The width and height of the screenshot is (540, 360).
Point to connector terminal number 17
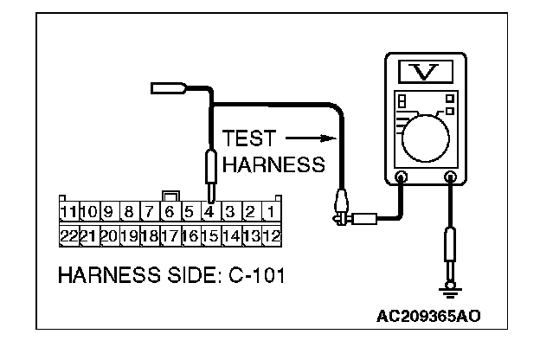(x=169, y=235)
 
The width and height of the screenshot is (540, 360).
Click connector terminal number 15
(x=209, y=235)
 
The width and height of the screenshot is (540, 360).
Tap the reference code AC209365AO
(x=428, y=315)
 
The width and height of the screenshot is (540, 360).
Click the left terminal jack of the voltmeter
(x=402, y=178)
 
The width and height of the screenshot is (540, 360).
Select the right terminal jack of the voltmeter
(x=450, y=178)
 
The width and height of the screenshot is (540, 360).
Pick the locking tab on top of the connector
(x=170, y=196)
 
